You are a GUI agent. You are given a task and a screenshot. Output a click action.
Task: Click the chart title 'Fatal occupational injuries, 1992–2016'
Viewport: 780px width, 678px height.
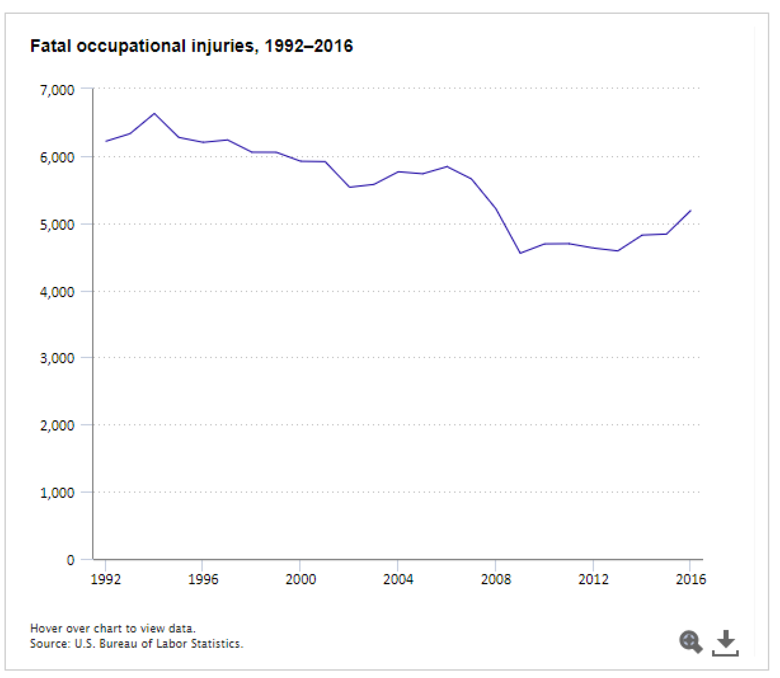tap(191, 46)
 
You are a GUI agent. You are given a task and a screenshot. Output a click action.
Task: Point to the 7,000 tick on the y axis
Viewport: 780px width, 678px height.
tap(57, 90)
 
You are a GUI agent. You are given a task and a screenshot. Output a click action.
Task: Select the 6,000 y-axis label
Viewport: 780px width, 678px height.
tap(57, 157)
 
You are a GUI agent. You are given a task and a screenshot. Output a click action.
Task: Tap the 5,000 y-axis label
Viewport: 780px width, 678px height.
tap(57, 225)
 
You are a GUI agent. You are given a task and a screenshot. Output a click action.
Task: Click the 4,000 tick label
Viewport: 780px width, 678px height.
tap(57, 292)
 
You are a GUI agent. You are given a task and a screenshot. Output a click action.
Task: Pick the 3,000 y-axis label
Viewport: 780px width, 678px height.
tap(57, 359)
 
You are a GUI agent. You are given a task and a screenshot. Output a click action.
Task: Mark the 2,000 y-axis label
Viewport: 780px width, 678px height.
tap(57, 426)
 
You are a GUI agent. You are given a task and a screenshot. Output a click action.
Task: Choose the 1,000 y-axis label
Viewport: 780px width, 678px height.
tap(57, 493)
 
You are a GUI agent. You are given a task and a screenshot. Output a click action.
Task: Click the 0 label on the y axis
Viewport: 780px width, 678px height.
tap(70, 560)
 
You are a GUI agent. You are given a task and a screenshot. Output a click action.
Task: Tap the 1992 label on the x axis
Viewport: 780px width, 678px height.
tap(106, 579)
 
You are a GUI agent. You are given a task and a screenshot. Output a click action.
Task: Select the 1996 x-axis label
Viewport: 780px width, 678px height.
tap(203, 579)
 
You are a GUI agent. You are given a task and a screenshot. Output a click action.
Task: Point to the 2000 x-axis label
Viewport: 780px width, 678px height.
tap(300, 579)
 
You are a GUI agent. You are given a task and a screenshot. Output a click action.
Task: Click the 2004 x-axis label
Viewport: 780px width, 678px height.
tap(398, 579)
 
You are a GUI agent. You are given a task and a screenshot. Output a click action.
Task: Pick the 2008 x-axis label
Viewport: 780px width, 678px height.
tap(495, 579)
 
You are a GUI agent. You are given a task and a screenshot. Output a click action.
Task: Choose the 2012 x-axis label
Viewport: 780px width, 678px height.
tap(593, 579)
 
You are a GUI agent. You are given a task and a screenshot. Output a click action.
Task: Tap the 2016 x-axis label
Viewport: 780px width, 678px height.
tap(691, 579)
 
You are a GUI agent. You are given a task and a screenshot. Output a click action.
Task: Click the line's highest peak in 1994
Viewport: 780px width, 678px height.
tap(154, 114)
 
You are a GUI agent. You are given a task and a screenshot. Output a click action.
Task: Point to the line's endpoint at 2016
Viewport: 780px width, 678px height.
tap(691, 211)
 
